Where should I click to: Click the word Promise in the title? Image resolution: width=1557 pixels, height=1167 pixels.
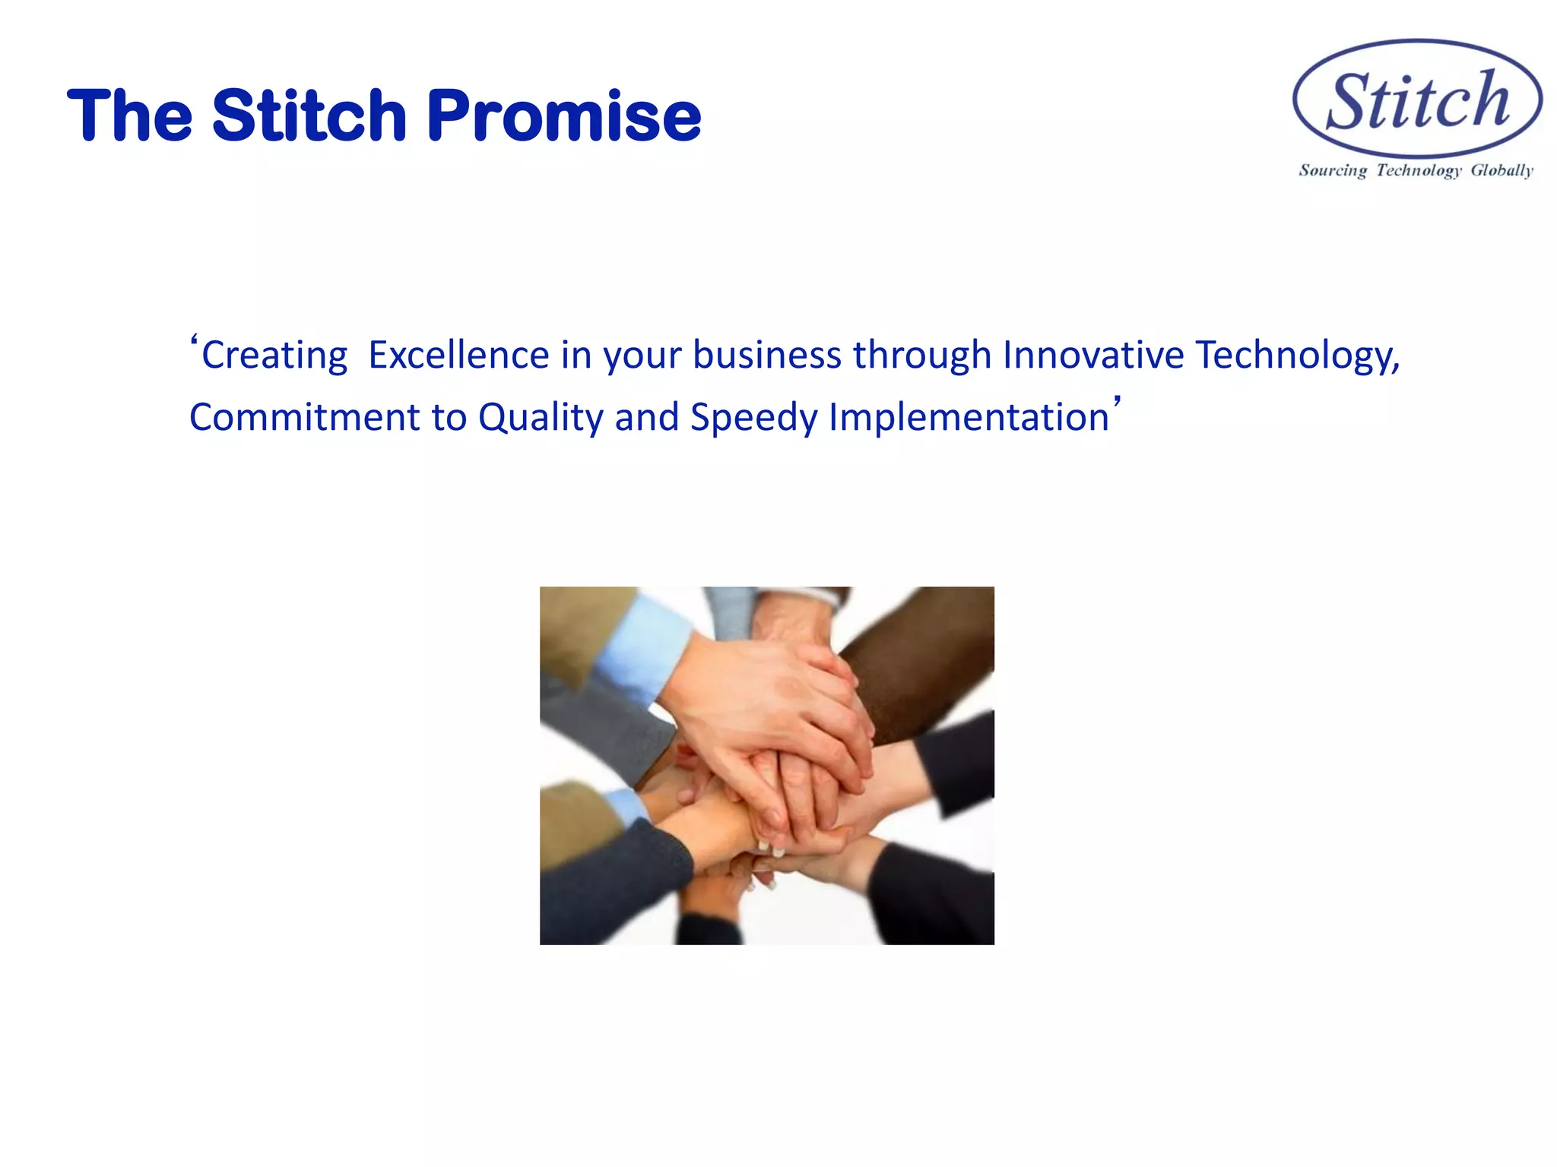pyautogui.click(x=563, y=116)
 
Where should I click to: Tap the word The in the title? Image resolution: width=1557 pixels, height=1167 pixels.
pyautogui.click(x=130, y=116)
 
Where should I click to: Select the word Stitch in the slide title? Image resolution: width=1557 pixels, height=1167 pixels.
pyautogui.click(x=309, y=116)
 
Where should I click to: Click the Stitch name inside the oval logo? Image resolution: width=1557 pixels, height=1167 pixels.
pyautogui.click(x=1418, y=101)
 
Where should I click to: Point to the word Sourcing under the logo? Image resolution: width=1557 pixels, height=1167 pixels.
pyautogui.click(x=1333, y=170)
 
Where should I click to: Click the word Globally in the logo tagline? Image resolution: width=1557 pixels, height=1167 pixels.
pyautogui.click(x=1502, y=170)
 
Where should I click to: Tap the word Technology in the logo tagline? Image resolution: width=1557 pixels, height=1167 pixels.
pyautogui.click(x=1419, y=170)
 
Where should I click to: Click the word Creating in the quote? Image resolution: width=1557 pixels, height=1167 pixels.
pyautogui.click(x=274, y=356)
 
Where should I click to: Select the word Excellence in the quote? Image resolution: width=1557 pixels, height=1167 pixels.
pyautogui.click(x=458, y=356)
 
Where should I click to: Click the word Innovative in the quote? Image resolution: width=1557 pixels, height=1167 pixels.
pyautogui.click(x=1093, y=356)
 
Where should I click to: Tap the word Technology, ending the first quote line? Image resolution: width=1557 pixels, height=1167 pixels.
pyautogui.click(x=1297, y=356)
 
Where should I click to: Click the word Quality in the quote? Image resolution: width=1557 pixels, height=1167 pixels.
pyautogui.click(x=541, y=418)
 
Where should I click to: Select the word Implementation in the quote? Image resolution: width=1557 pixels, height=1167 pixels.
pyautogui.click(x=969, y=418)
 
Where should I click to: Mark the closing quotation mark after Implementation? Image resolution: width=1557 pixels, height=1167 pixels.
pyautogui.click(x=1117, y=401)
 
